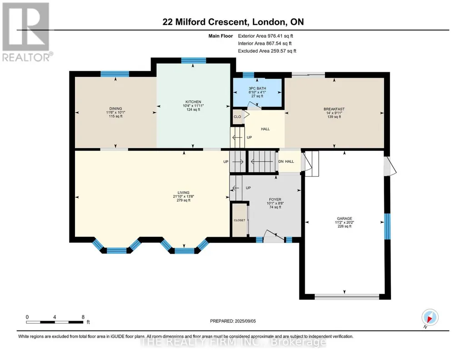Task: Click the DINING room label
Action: [x=115, y=109]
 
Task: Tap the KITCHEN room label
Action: [x=193, y=102]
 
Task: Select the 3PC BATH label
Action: [x=257, y=89]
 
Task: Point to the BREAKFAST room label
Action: [x=334, y=109]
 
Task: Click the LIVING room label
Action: [x=183, y=193]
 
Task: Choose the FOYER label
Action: [x=275, y=200]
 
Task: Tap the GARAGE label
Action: [x=345, y=219]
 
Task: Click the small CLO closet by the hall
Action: [x=237, y=117]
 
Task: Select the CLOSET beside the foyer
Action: [x=240, y=220]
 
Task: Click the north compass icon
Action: [x=430, y=318]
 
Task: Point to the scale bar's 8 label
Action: [x=83, y=317]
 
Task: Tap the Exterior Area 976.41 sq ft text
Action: [x=266, y=36]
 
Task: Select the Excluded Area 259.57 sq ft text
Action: [x=267, y=51]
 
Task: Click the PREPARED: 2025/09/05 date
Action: [x=233, y=321]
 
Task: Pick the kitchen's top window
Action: [x=194, y=60]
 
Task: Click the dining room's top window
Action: [x=115, y=74]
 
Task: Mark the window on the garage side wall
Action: [x=387, y=226]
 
